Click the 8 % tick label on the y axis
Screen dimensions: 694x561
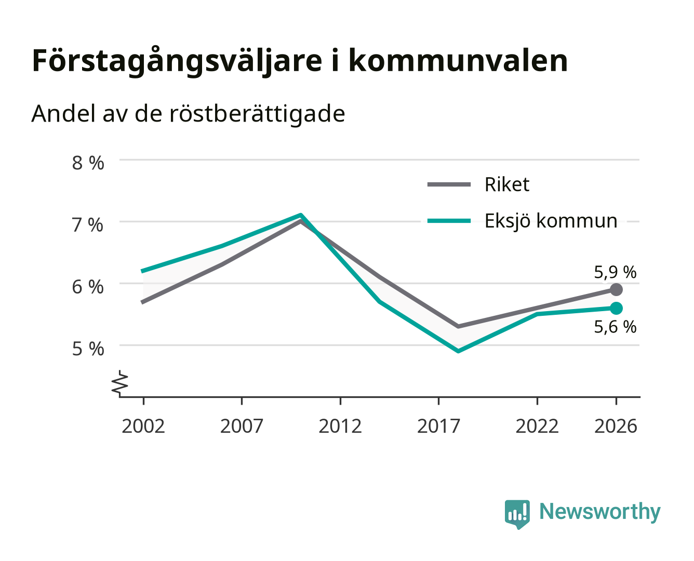88,163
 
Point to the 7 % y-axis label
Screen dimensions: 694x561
88,225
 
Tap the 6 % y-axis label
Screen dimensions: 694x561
88,287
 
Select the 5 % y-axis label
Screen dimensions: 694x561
88,349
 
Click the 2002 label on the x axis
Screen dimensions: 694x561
143,426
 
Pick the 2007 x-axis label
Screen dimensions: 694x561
242,426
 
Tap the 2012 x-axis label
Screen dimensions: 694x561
340,426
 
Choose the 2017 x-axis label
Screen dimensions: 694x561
438,426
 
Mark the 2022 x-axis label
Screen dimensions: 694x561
537,426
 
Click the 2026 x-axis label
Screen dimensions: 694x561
616,426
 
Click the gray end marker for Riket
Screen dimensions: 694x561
616,289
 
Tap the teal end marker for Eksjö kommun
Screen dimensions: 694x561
616,308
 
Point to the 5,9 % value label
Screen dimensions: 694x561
615,272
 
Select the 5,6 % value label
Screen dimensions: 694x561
615,327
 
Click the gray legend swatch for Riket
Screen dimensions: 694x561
449,184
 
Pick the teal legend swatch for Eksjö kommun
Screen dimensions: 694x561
449,221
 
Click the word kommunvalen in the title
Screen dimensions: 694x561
458,61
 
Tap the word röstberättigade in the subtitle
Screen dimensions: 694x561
257,114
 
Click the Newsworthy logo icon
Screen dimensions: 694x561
517,514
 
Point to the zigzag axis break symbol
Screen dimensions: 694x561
120,384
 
